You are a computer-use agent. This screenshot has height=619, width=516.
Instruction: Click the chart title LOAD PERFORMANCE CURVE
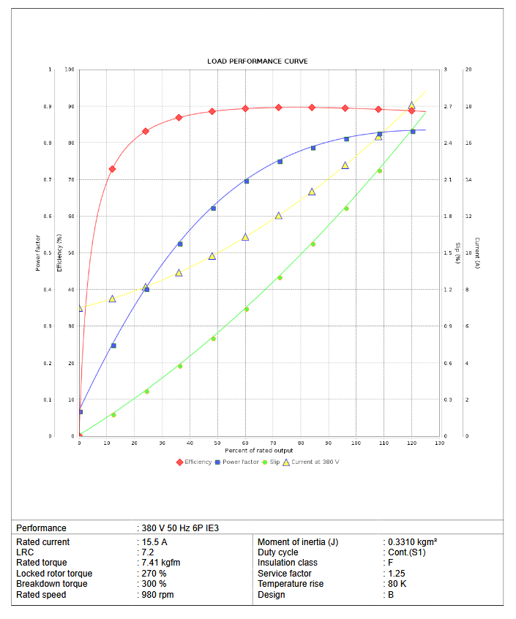click(257, 61)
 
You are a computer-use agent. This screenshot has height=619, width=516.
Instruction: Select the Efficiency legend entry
click(194, 462)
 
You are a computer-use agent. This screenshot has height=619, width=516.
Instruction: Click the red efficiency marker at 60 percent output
click(245, 108)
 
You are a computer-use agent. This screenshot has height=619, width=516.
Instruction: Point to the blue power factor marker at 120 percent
click(413, 131)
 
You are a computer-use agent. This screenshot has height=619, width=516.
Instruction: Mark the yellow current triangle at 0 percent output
click(79, 308)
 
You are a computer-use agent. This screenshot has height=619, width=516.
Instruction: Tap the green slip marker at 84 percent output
click(313, 244)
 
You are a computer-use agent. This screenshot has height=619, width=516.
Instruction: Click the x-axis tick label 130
click(439, 443)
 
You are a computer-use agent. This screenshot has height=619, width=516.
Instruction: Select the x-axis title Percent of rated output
click(259, 451)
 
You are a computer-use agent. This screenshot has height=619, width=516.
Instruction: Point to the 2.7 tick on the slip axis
click(447, 107)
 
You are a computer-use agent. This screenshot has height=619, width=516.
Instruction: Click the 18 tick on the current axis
click(468, 107)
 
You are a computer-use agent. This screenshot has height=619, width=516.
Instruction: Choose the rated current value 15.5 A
click(154, 542)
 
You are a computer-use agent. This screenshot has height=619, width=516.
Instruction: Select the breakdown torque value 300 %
click(154, 584)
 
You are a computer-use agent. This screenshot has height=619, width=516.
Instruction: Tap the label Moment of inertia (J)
click(298, 542)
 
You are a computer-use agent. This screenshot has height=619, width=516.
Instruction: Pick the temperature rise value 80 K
click(397, 584)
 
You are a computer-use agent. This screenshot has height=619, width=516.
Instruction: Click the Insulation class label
click(288, 563)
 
